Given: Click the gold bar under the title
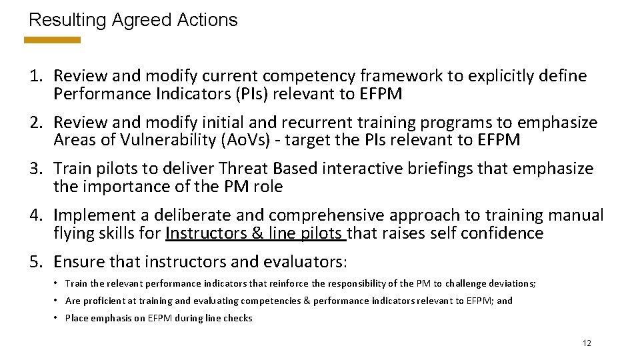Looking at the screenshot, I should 52,40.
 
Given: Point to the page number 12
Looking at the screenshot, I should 587,343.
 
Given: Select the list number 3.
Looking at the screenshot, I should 36,169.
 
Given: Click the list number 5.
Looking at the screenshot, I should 36,261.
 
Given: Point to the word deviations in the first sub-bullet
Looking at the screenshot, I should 510,283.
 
